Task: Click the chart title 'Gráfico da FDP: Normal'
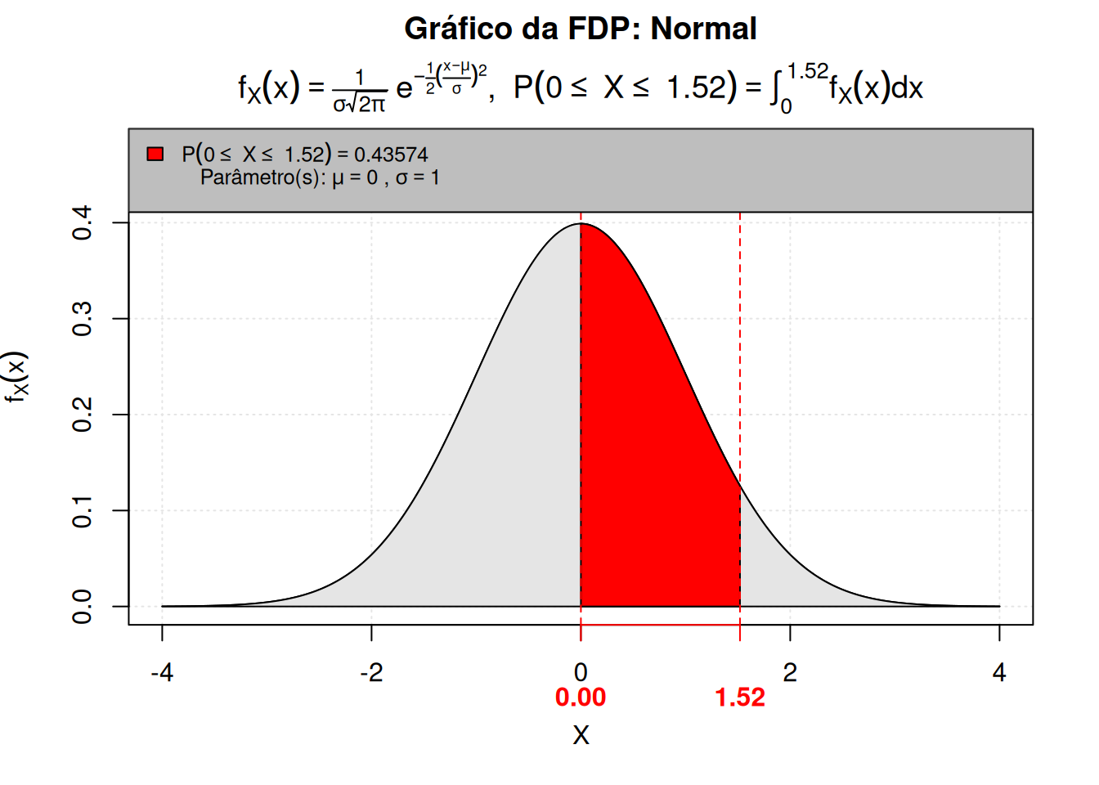[x=581, y=29]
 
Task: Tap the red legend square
[x=155, y=154]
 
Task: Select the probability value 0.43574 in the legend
[x=391, y=155]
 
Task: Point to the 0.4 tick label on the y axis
[x=83, y=222]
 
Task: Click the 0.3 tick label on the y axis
[x=83, y=318]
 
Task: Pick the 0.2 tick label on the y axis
[x=83, y=415]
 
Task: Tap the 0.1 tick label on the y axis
[x=83, y=510]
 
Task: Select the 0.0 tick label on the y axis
[x=83, y=607]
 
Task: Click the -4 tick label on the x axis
[x=162, y=673]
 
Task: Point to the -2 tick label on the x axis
[x=371, y=673]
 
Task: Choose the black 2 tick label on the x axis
[x=790, y=673]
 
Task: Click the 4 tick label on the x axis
[x=999, y=673]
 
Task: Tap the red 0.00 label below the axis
[x=581, y=698]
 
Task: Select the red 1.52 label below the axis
[x=740, y=698]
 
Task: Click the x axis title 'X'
[x=581, y=735]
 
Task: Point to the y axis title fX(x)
[x=16, y=377]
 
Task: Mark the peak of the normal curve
[x=581, y=224]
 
